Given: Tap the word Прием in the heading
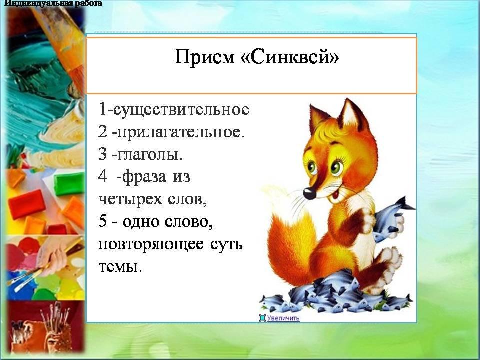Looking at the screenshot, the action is [x=204, y=57].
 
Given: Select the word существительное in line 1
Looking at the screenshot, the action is [x=181, y=110].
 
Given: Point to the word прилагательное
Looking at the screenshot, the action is [x=180, y=133].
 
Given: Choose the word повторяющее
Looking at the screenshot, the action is [x=151, y=245].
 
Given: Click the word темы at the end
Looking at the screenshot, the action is [x=120, y=266].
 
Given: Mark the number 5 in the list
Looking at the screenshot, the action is [x=103, y=221].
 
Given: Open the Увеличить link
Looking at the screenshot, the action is [x=283, y=318].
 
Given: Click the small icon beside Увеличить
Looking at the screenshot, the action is [x=262, y=318].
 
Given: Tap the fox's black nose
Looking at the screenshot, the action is [x=309, y=193].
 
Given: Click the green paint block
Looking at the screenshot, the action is [x=69, y=183].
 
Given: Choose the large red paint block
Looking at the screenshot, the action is [x=27, y=204].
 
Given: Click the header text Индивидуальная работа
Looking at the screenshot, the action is [x=54, y=3].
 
